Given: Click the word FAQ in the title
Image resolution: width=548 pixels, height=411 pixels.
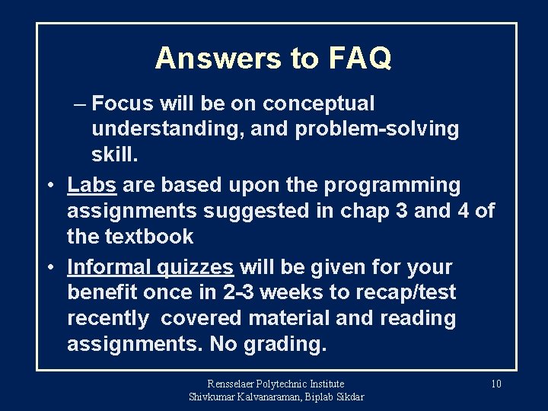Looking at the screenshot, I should tap(360, 58).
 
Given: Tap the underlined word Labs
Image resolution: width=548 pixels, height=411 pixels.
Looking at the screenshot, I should tap(92, 185).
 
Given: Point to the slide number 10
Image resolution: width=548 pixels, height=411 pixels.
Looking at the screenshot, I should tap(495, 384).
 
